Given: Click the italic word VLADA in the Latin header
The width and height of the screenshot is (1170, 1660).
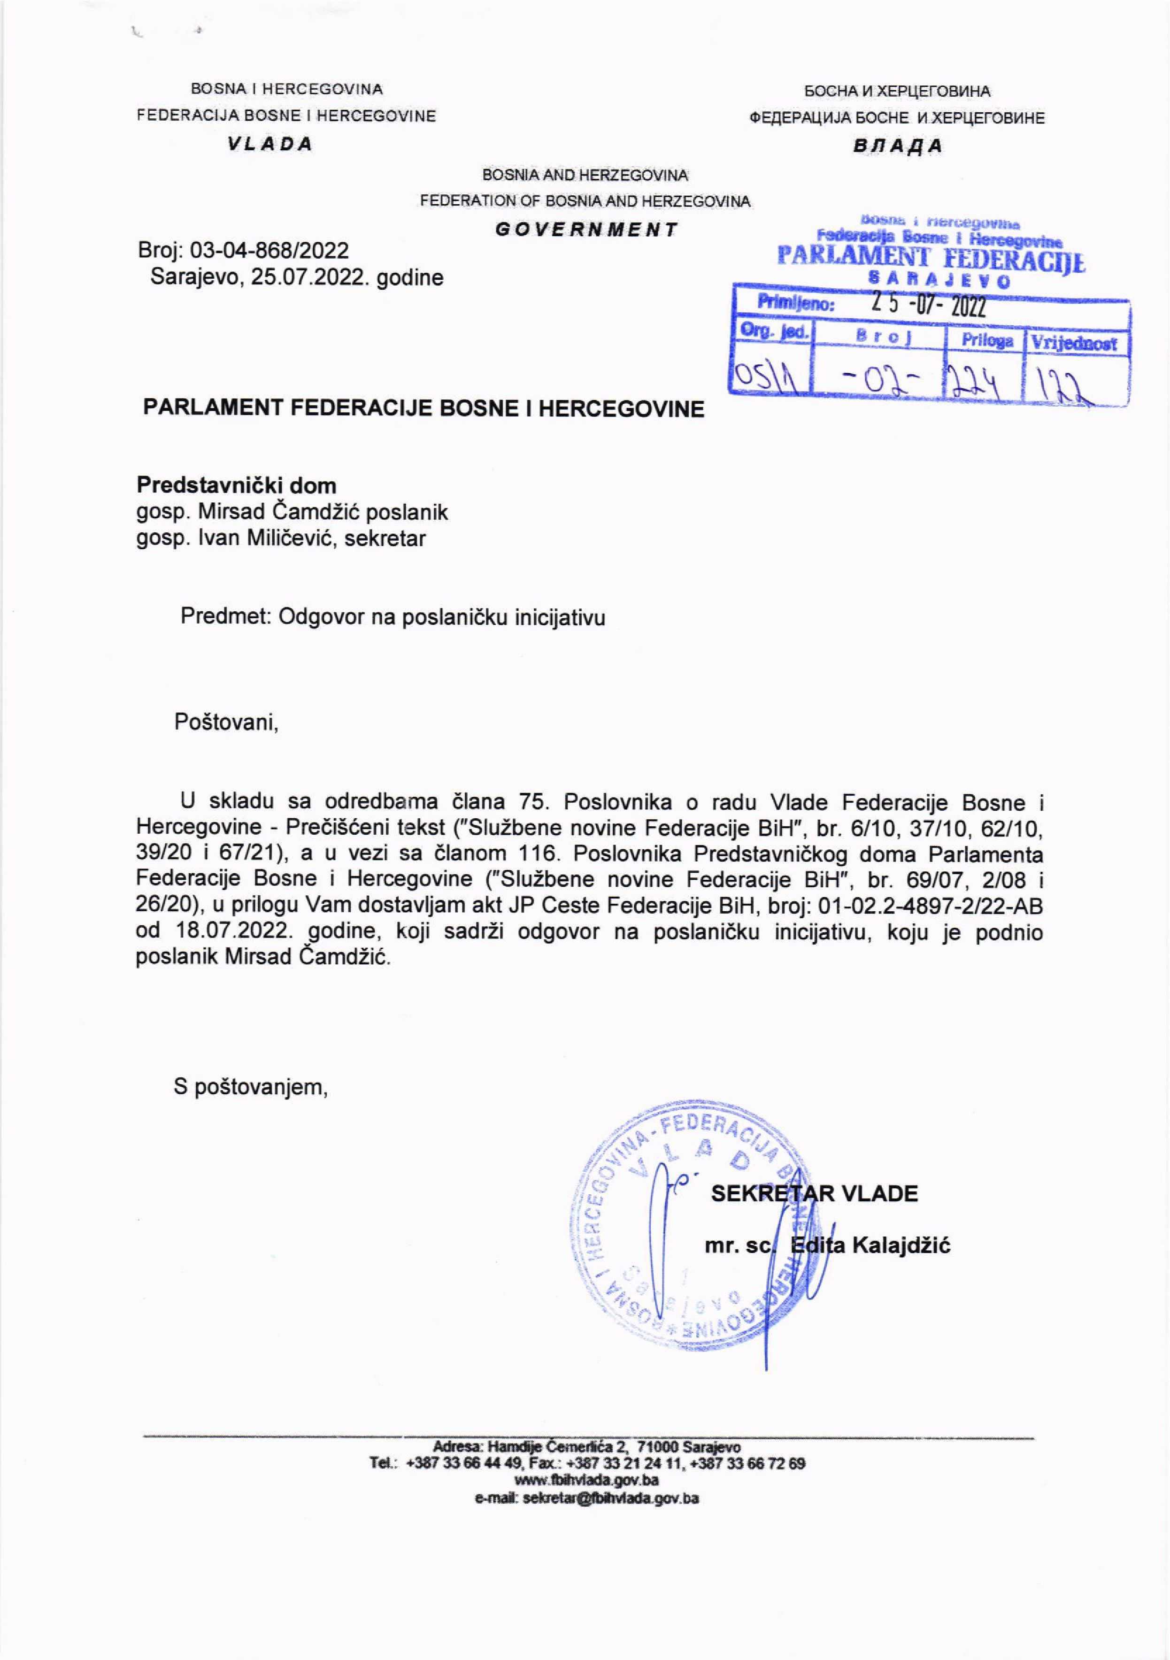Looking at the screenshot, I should pos(269,144).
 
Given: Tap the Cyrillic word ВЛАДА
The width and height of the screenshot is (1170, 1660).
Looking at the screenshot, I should pos(897,146).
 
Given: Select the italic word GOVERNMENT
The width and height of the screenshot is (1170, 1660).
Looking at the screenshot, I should pos(586,230).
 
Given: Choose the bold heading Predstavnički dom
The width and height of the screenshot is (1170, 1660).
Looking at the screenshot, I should pos(237,485).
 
